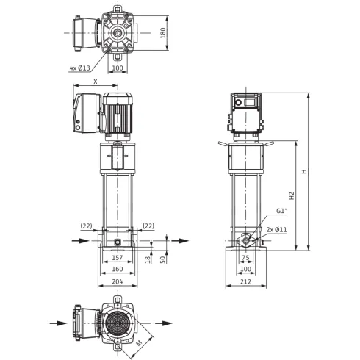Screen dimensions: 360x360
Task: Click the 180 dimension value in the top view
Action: [x=163, y=33]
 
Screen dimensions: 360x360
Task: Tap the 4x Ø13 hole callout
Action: [x=80, y=68]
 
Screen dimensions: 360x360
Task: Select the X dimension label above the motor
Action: [x=96, y=82]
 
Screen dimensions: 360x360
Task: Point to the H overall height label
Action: [x=304, y=171]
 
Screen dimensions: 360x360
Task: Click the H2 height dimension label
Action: [x=292, y=195]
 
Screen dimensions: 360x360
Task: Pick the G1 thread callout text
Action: [x=281, y=211]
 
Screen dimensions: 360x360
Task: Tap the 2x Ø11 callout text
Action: [x=277, y=230]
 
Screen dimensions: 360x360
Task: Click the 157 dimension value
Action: [x=118, y=258]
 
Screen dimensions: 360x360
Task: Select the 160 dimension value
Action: [x=118, y=269]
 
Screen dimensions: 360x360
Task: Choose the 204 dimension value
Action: [x=118, y=281]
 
